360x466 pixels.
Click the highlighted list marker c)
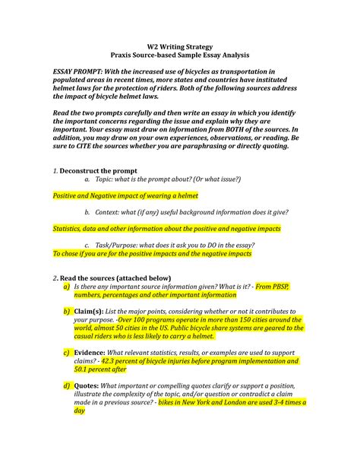click(x=68, y=353)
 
